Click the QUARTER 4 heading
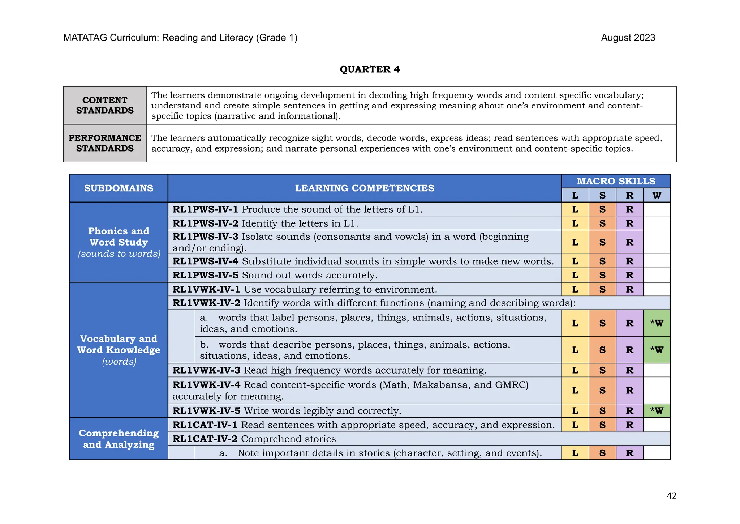pos(370,69)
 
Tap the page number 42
pos(671,496)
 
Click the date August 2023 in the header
pos(628,38)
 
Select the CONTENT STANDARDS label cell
pos(105,105)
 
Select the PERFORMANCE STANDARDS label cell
pos(105,143)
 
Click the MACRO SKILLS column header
pos(616,181)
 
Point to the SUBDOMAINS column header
pos(119,188)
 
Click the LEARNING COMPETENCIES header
pos(364,188)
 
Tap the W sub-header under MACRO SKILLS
pos(657,196)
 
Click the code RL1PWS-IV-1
pos(205,209)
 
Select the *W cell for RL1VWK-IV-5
pos(657,411)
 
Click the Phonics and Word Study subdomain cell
pos(119,242)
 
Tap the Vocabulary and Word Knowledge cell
pos(119,350)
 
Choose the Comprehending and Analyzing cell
pos(119,439)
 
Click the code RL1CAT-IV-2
pos(205,439)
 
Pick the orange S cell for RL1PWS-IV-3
pos(602,242)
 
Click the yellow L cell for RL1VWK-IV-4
pos(575,391)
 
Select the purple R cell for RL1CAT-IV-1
pos(629,425)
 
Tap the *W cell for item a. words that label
pos(657,323)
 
